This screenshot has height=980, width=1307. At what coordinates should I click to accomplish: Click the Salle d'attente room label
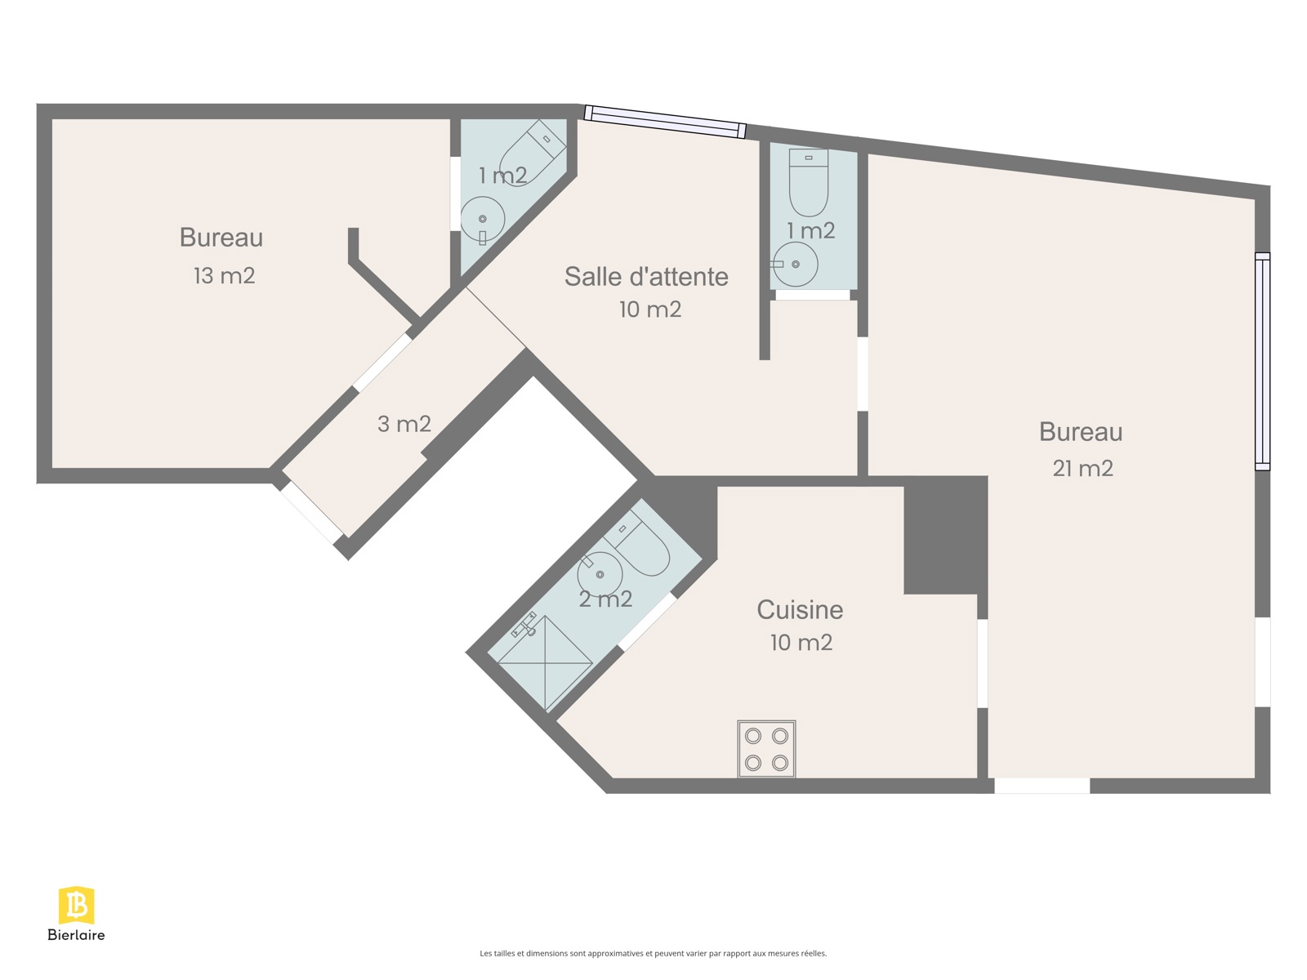[x=646, y=277]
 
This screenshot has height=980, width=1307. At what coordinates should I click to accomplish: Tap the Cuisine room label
[x=800, y=610]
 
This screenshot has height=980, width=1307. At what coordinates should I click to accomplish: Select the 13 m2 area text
[x=225, y=275]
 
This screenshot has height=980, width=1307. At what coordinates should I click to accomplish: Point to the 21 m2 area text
[x=1082, y=468]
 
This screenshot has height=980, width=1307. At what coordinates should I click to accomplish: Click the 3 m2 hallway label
[x=404, y=424]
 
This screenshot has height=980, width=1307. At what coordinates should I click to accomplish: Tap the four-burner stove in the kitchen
[x=766, y=749]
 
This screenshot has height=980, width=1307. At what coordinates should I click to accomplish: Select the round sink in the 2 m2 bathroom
[x=599, y=573]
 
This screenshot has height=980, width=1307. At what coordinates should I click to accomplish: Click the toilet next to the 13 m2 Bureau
[x=531, y=153]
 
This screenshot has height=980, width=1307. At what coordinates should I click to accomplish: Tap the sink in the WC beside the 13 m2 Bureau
[x=482, y=220]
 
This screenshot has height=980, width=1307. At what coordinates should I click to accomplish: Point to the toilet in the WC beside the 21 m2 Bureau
[x=808, y=182]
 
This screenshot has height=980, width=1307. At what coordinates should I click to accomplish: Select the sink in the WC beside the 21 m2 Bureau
[x=796, y=264]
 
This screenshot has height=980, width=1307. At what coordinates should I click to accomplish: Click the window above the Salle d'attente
[x=664, y=122]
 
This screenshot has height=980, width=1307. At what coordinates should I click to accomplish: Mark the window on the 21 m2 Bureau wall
[x=1262, y=361]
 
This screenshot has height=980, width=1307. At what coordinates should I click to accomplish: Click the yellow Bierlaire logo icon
[x=76, y=905]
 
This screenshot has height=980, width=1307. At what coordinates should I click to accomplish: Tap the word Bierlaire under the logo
[x=76, y=935]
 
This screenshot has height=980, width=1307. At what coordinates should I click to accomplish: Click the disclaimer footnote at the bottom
[x=653, y=953]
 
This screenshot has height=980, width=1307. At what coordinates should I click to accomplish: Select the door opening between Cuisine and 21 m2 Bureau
[x=983, y=663]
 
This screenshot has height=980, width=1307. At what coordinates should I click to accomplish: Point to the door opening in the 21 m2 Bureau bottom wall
[x=1042, y=786]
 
